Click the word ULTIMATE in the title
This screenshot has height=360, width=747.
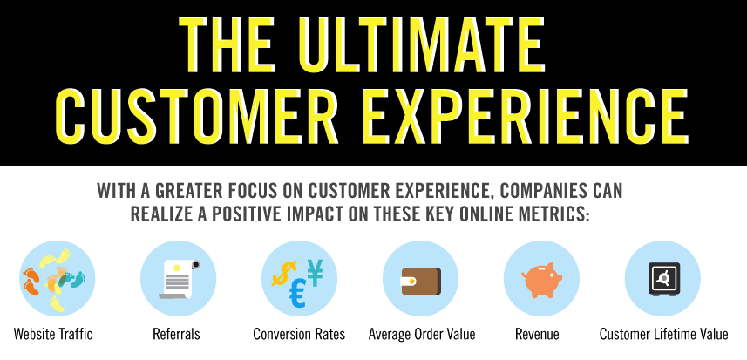(422, 44)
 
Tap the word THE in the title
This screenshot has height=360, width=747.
(228, 44)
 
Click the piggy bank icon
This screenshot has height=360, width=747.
(541, 279)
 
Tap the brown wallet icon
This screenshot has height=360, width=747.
(421, 281)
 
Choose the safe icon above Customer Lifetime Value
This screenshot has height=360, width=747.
(663, 279)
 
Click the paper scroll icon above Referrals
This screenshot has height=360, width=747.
(179, 279)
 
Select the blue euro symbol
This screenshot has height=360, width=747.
(298, 295)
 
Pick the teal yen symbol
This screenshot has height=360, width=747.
(315, 273)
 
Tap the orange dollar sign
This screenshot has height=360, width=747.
(284, 273)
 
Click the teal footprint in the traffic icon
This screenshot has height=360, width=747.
(78, 280)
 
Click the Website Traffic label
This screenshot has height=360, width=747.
(53, 335)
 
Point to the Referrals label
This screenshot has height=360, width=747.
(176, 335)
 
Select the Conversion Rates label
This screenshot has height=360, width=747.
(299, 335)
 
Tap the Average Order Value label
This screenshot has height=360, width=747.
(422, 335)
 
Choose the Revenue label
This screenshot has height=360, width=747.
(537, 335)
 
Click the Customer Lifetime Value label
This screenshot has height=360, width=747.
(663, 335)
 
